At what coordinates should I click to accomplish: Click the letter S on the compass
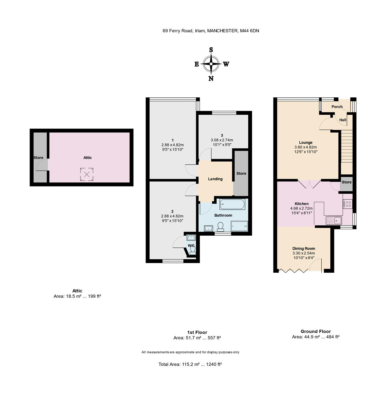tap(211, 50)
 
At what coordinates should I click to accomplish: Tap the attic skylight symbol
tap(87, 174)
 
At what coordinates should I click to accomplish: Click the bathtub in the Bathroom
tap(232, 204)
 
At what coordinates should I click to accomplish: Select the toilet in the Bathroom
tap(220, 227)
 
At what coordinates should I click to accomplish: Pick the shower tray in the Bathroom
tap(239, 226)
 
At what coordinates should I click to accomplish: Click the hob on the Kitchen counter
tap(347, 204)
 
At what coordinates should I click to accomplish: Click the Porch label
tap(337, 107)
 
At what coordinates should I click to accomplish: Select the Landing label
tap(215, 179)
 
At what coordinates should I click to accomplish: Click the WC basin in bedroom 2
tap(191, 238)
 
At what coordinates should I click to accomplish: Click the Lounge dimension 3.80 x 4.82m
tap(306, 147)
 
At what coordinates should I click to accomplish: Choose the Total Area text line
tap(190, 364)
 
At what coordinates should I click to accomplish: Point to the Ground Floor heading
tap(315, 331)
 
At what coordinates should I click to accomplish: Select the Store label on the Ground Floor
tap(346, 182)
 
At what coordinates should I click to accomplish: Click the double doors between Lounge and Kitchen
tap(309, 184)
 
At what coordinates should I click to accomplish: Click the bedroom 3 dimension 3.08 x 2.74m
tap(222, 140)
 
